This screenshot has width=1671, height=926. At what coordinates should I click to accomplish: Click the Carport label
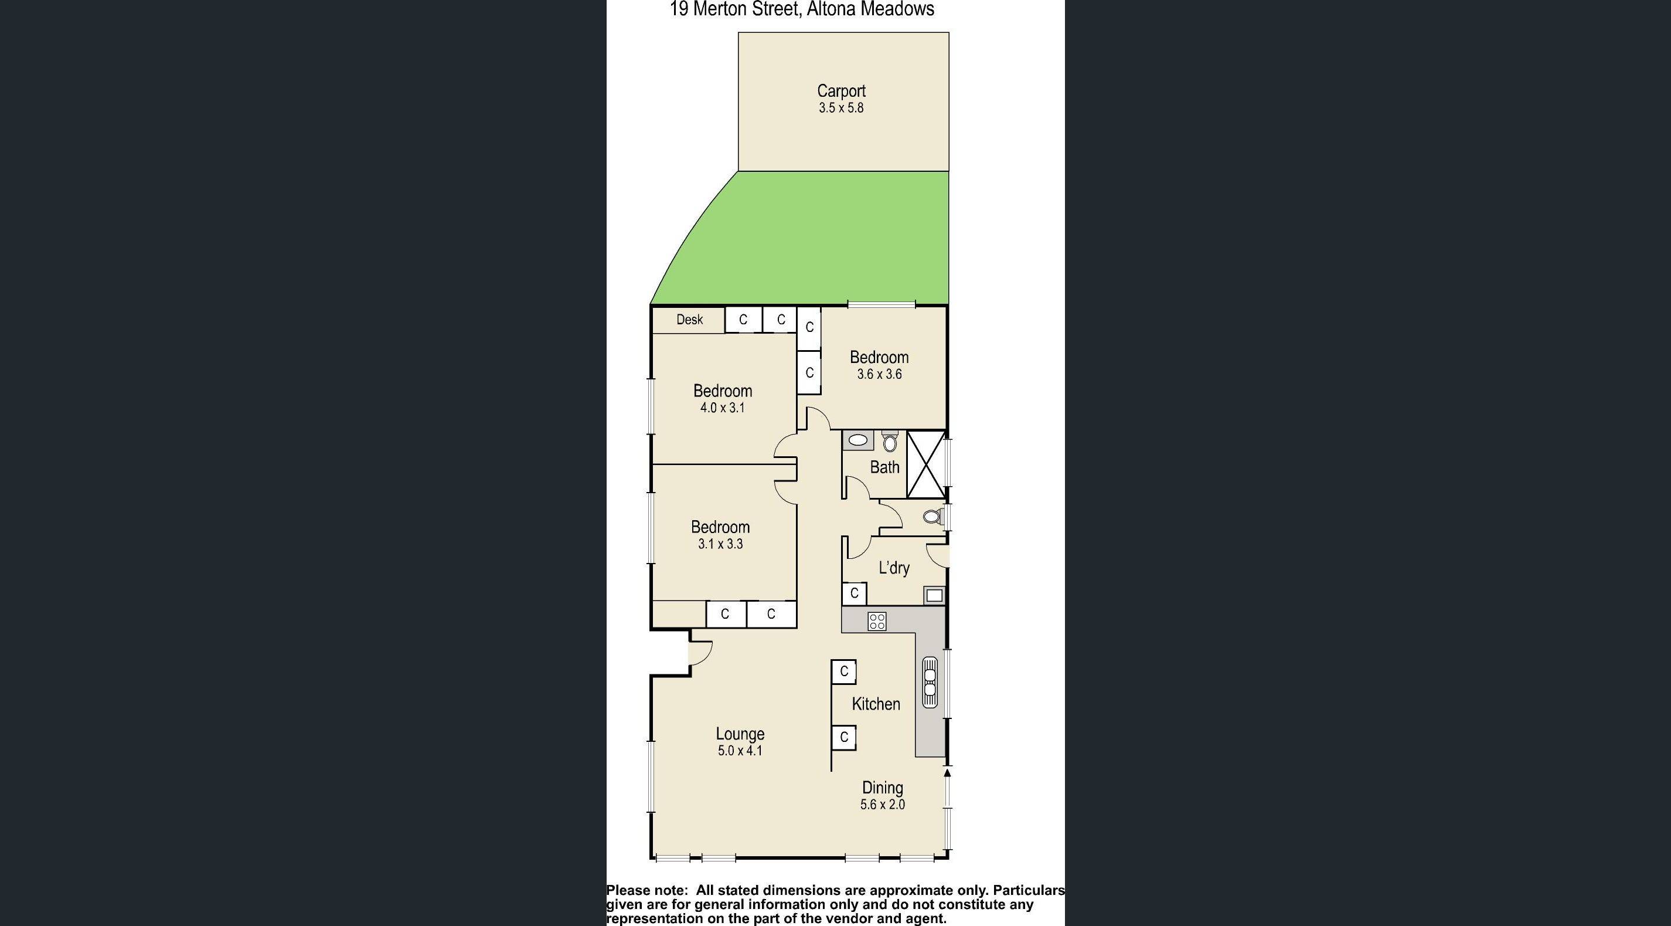[x=840, y=91]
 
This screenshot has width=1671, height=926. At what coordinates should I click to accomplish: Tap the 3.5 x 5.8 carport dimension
[x=840, y=108]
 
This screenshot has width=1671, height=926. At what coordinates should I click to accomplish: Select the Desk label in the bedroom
[x=689, y=319]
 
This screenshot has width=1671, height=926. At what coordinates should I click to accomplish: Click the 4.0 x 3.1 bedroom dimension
[x=722, y=408]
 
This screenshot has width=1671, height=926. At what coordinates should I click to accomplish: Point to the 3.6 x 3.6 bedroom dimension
[x=879, y=374]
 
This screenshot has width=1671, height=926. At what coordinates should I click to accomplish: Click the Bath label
[x=884, y=467]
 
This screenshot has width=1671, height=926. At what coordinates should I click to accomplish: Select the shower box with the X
[x=925, y=464]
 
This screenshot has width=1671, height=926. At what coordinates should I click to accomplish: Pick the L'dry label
[x=893, y=568]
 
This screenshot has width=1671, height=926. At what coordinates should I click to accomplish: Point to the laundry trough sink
[x=934, y=595]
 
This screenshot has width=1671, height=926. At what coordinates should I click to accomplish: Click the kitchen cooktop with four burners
[x=876, y=621]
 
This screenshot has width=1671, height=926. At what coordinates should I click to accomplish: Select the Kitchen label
[x=876, y=704]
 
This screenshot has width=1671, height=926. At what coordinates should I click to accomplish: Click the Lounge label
[x=740, y=734]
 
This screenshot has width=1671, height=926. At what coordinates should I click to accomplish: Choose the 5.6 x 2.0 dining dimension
[x=882, y=805]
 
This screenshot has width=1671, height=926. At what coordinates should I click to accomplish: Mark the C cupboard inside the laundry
[x=855, y=593]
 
